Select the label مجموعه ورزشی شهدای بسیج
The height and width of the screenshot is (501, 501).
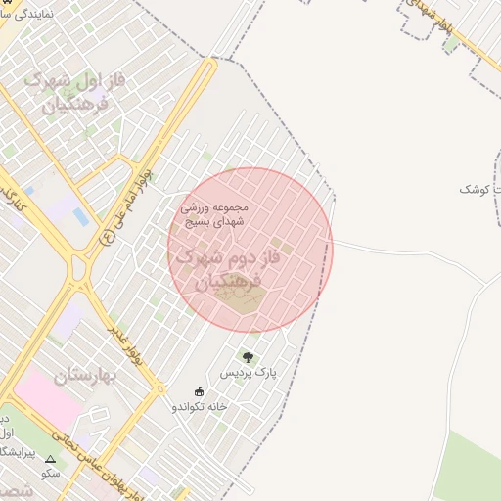(215, 214)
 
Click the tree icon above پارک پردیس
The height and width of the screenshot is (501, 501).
(248, 358)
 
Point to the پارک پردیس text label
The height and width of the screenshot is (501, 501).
(249, 375)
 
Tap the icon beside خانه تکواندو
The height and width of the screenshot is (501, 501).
(200, 391)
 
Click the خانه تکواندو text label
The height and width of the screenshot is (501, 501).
(200, 406)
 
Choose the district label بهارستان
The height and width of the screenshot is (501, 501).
(85, 378)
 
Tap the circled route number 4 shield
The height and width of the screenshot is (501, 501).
(108, 235)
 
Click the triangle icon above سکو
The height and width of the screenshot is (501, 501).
(50, 458)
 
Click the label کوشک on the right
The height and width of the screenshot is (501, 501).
(479, 187)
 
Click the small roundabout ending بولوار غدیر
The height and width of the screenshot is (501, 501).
(159, 388)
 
